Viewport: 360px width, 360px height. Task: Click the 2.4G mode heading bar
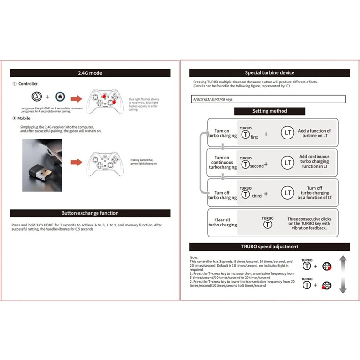90,72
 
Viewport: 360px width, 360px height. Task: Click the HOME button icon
59,97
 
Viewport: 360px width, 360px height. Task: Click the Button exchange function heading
90,213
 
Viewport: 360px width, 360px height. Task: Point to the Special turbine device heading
269,72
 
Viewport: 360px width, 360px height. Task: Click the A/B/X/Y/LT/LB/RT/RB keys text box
269,99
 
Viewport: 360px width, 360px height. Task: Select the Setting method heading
270,111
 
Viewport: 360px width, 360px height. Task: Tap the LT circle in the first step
287,133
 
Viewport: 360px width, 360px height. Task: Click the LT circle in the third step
287,193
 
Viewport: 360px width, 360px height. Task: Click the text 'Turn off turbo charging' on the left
222,195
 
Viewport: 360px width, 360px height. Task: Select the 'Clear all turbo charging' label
222,222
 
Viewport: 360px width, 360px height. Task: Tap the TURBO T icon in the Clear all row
268,224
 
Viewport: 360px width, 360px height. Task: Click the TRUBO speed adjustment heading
269,247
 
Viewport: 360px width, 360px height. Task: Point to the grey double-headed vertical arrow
343,274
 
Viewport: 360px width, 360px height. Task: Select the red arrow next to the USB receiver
76,161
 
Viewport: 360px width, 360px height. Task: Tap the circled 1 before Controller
15,84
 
